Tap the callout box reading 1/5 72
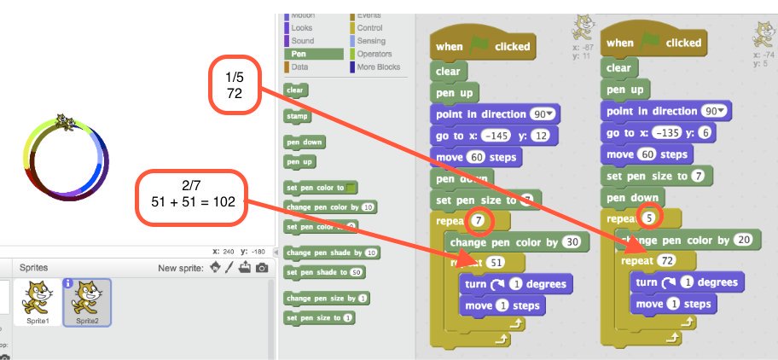(x=234, y=84)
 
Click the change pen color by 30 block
(x=516, y=243)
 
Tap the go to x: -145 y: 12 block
(x=495, y=135)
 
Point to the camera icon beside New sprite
(x=262, y=269)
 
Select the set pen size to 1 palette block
(x=319, y=318)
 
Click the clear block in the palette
(x=295, y=90)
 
